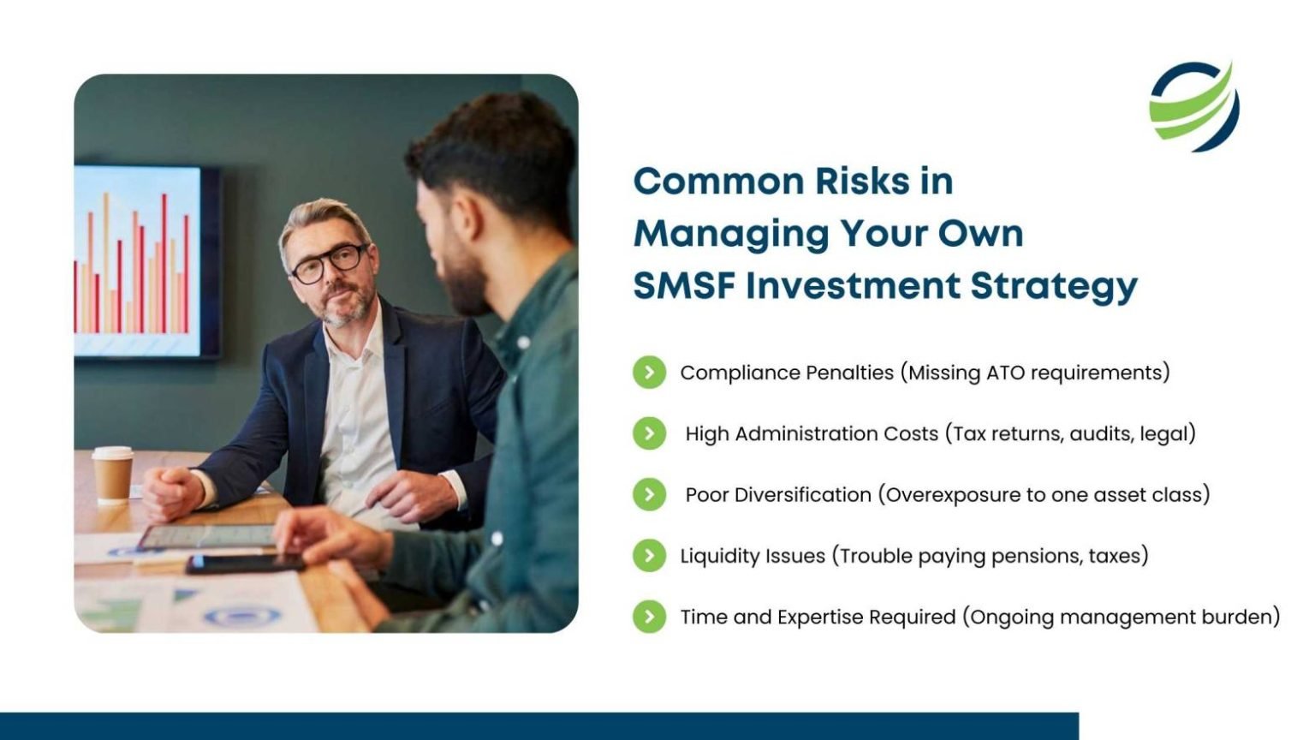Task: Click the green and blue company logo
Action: tap(1194, 106)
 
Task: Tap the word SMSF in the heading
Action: tap(685, 286)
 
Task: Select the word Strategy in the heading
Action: tap(1054, 289)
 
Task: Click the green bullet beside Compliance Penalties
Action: tap(649, 373)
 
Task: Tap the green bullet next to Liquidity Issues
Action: tap(649, 556)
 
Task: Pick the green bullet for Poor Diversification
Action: tap(649, 494)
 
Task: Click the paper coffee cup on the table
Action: tap(113, 475)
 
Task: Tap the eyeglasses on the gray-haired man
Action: tap(330, 262)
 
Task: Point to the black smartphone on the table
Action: tap(245, 564)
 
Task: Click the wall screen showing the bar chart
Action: tap(146, 261)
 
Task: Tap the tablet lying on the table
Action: tap(207, 536)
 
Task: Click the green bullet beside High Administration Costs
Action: tap(649, 433)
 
